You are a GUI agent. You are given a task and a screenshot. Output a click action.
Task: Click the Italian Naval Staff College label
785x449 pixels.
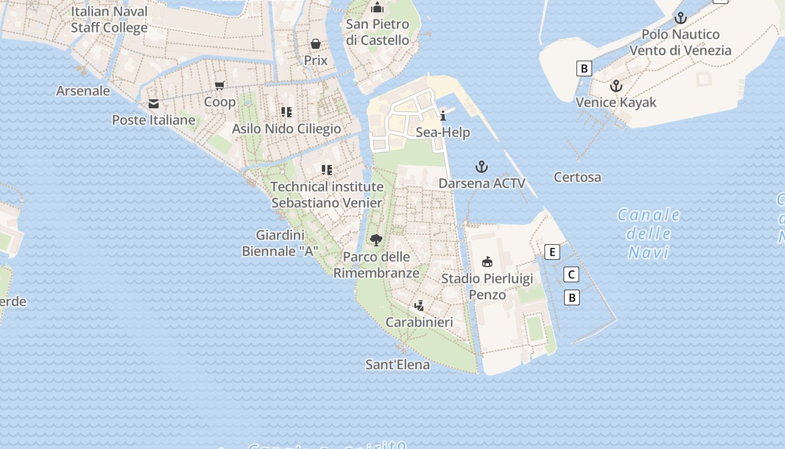click(109, 20)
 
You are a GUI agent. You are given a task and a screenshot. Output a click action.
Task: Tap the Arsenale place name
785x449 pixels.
click(83, 90)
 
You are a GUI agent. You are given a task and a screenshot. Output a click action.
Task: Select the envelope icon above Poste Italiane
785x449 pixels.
click(154, 104)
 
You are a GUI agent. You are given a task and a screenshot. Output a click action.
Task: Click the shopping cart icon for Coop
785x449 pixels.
click(220, 86)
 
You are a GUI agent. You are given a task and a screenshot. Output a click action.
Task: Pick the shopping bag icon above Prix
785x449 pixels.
click(316, 44)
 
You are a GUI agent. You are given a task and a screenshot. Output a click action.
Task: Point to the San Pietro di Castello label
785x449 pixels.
click(377, 32)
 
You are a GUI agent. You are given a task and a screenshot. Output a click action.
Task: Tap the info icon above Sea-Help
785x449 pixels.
click(443, 116)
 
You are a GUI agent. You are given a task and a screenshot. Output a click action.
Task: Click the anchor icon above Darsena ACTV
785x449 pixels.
click(482, 167)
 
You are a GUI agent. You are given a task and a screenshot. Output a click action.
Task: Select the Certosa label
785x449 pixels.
click(577, 177)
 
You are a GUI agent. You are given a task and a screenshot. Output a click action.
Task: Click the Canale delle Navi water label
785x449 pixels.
click(649, 233)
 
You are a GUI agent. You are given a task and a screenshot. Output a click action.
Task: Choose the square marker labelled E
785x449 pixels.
click(552, 252)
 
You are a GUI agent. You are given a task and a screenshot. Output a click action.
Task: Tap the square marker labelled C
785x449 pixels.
click(571, 274)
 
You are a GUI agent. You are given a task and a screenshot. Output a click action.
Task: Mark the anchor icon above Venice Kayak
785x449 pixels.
click(616, 86)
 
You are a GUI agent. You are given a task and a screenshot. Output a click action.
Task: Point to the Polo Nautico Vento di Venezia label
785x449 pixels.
click(680, 42)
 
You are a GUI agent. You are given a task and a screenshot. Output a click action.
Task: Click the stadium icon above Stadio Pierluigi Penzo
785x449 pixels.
click(487, 262)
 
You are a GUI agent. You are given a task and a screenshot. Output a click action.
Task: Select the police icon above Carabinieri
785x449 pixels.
click(419, 306)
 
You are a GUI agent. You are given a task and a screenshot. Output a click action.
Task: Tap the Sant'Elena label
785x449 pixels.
click(398, 365)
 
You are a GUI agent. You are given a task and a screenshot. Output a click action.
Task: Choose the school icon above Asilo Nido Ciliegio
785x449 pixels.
click(287, 112)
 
